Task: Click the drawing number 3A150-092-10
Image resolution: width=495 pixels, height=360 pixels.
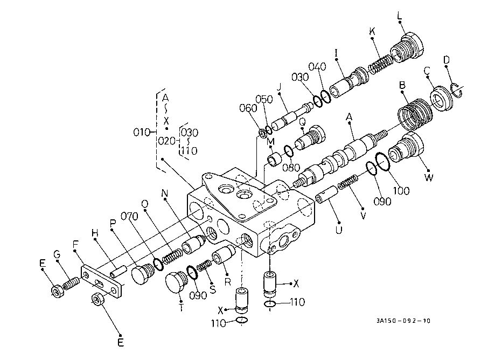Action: (403, 321)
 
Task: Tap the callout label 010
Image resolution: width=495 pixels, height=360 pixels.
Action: (142, 132)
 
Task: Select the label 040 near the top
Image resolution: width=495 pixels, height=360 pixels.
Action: (317, 67)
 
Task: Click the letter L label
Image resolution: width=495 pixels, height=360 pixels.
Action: (400, 16)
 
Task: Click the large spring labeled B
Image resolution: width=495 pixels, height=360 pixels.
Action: (415, 114)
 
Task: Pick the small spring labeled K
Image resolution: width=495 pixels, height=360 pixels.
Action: (381, 64)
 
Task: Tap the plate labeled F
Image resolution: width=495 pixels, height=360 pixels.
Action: (101, 282)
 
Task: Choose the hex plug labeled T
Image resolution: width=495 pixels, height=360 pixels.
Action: (176, 282)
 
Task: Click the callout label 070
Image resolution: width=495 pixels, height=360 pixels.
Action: (129, 216)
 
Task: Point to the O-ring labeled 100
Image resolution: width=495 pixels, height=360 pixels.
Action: (382, 161)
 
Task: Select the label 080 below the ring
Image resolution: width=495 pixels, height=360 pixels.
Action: (291, 167)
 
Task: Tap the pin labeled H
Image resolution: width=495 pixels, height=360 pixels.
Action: (118, 271)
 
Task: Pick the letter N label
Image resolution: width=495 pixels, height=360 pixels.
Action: (165, 193)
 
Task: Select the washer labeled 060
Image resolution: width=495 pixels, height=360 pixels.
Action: (262, 133)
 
